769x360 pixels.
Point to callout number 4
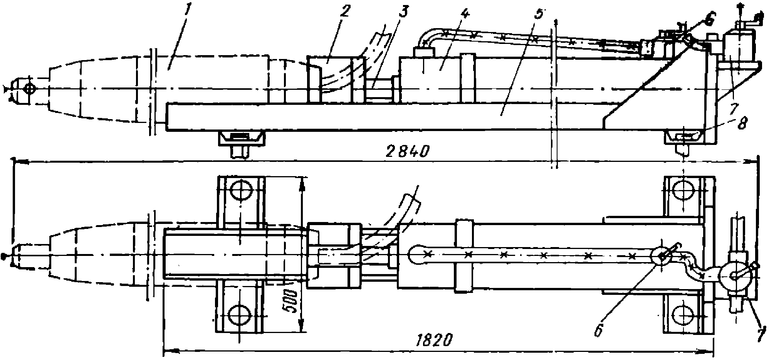(x=464, y=14)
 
